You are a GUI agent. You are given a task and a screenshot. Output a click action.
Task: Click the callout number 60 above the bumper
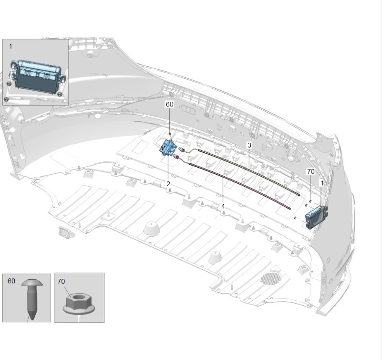170,105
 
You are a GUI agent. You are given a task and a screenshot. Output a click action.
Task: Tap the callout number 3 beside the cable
249,145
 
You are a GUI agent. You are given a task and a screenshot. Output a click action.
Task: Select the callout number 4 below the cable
223,206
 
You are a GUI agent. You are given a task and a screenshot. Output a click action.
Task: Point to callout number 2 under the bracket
168,184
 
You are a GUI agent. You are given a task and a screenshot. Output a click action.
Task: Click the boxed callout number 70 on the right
311,172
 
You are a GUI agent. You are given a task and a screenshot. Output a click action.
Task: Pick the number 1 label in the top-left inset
10,46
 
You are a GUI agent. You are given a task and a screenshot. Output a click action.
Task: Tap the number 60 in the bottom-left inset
11,281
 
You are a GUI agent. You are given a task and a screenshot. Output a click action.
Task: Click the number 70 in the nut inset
61,282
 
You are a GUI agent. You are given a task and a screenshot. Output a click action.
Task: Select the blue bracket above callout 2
167,148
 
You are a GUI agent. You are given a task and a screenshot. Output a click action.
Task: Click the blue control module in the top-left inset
38,75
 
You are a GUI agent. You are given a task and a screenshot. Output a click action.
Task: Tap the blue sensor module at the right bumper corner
316,217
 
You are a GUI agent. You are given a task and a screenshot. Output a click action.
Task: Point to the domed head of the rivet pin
32,283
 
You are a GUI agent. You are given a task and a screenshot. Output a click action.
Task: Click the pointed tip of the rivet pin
31,318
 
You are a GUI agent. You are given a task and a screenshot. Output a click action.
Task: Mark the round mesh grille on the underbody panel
271,278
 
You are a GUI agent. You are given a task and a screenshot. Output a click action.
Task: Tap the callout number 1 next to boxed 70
322,183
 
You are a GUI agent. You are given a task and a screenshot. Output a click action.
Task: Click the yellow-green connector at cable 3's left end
182,149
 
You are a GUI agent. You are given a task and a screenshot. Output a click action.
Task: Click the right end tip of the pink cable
289,208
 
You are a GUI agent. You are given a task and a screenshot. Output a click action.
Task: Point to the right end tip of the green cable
299,195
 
